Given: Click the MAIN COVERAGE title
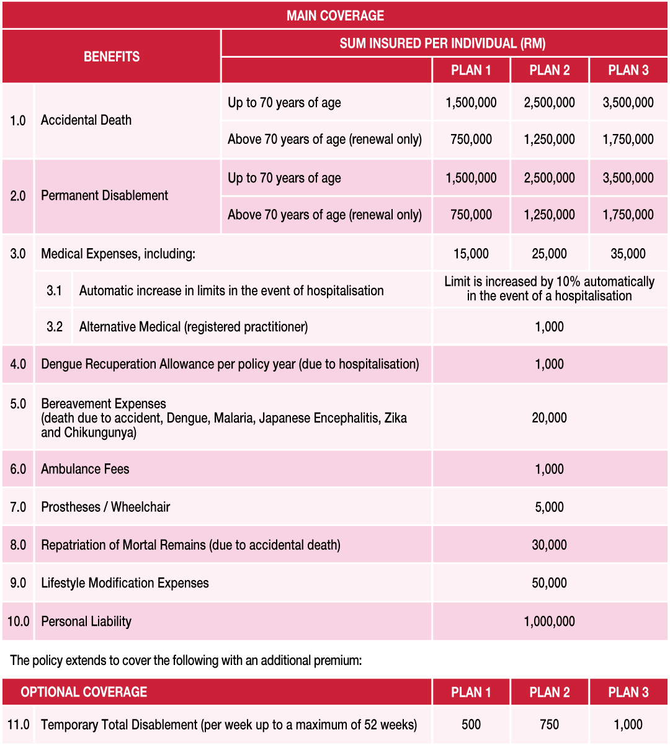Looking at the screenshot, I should coord(335,16).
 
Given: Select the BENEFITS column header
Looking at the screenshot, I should coord(112,56).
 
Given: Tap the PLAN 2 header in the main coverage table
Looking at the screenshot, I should coord(549,70).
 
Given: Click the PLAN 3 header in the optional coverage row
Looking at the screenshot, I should coord(628,692).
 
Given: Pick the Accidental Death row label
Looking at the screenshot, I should coord(86,120).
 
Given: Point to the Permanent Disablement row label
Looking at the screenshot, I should coord(104,195).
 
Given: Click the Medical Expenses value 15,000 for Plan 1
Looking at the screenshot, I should coord(471,254).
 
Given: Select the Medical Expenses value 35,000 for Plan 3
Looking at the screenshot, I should coord(628,254).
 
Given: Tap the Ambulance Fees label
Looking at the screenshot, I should coord(85,469).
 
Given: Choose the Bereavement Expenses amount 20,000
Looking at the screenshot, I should coord(549,417).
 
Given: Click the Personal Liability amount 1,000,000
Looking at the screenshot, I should coord(549,621).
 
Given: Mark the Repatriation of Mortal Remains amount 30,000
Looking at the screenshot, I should coord(549,545).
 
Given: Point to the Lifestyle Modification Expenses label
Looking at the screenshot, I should coord(125,583).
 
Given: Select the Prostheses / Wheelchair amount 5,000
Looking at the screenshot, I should coord(549,507).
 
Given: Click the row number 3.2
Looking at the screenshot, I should coord(55,327).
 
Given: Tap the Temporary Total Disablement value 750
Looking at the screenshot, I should coord(549,725).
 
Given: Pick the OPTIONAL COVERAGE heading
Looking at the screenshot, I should coord(84,692).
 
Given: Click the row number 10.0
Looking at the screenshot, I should coord(18,621).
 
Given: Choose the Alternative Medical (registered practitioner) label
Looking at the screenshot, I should coord(194,327).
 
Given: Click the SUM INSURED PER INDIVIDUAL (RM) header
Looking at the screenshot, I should coord(442,43).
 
